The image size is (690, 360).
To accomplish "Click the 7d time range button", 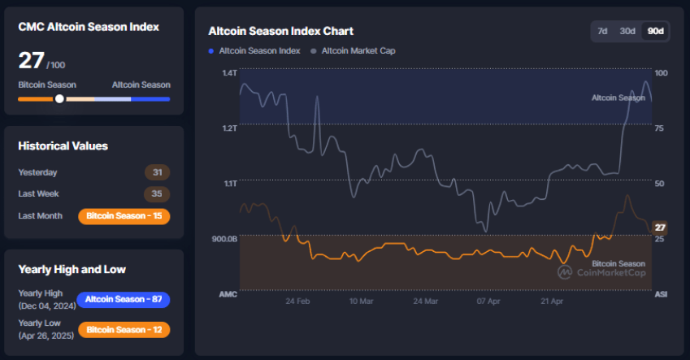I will (602, 31).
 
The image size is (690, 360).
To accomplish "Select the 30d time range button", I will (627, 31).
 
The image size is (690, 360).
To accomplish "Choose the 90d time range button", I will (654, 31).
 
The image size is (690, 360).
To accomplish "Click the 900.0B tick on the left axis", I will (225, 239).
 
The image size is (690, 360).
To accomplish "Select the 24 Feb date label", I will (298, 301).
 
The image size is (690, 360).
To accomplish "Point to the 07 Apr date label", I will (488, 301).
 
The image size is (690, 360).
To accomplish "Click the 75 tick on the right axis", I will (661, 128).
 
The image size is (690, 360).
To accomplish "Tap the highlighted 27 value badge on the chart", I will (661, 227).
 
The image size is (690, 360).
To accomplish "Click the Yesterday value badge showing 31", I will (157, 172).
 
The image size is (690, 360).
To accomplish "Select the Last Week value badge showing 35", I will (157, 194).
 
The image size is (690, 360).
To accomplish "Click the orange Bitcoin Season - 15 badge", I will (124, 216).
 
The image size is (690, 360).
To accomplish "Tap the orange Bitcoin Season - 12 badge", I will (124, 331).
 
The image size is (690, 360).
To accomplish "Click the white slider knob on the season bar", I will (59, 98).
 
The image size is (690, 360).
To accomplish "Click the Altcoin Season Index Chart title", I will (280, 32).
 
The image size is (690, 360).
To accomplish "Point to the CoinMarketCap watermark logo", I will (601, 272).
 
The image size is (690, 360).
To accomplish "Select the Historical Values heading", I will (63, 146).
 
